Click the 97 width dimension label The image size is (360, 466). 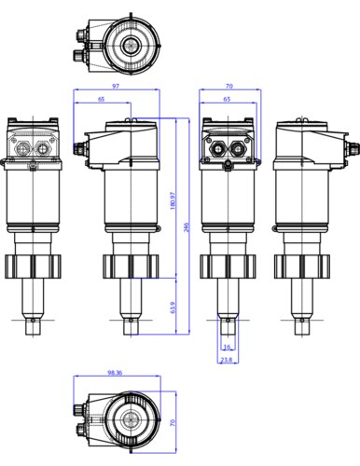point(116,87)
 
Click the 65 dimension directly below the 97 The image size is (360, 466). point(101,99)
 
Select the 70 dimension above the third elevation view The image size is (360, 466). point(228,87)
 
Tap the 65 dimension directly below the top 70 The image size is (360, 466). point(227,99)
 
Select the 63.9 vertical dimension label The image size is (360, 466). point(173,307)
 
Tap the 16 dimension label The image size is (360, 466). point(227,347)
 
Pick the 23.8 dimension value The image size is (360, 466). point(227,359)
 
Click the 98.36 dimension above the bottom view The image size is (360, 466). point(116,373)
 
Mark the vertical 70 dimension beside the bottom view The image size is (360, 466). point(173,421)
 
